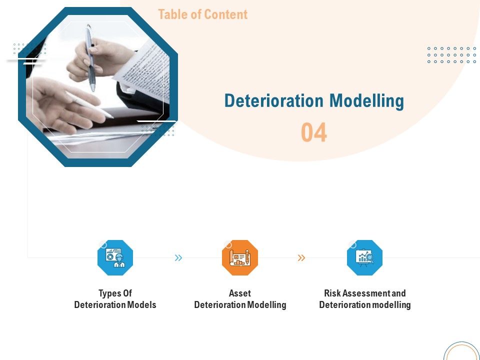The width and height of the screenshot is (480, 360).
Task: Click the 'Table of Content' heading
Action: click(x=202, y=14)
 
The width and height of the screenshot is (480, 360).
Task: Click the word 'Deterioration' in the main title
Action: click(x=267, y=101)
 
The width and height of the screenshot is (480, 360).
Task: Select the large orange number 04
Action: click(x=314, y=133)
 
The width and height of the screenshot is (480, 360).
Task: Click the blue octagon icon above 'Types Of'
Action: click(x=115, y=257)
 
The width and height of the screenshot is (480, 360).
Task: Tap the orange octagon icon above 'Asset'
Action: click(x=240, y=257)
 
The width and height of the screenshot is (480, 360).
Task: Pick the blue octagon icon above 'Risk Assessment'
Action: click(x=364, y=257)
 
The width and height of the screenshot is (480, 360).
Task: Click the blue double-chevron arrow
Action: click(x=178, y=258)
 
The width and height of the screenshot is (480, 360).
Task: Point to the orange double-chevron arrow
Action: click(x=301, y=258)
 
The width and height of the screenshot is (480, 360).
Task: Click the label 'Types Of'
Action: click(x=115, y=293)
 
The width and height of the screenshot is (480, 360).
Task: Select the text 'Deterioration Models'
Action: click(x=115, y=305)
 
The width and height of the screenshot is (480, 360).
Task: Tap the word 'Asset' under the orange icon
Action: click(x=240, y=293)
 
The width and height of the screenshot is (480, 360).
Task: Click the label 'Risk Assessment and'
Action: click(x=364, y=293)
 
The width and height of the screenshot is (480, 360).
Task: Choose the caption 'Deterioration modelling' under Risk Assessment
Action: click(x=364, y=305)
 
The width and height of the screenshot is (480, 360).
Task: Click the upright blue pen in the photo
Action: click(x=90, y=57)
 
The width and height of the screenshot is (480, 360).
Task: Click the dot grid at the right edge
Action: click(x=451, y=55)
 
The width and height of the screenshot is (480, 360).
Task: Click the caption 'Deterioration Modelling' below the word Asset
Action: click(x=240, y=305)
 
